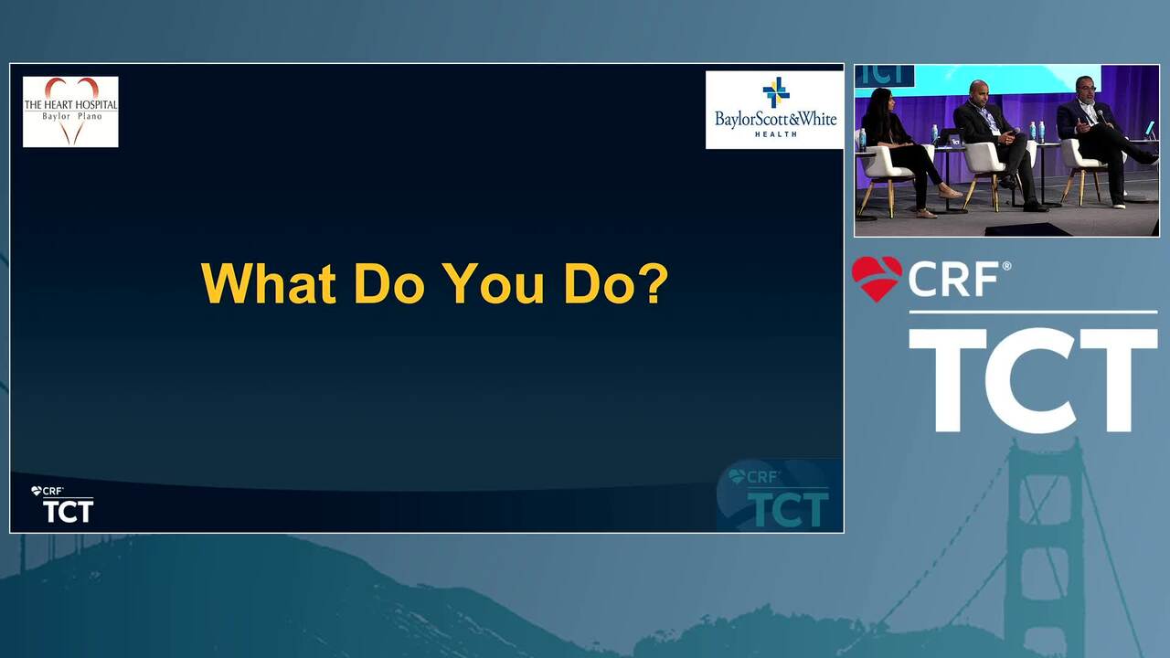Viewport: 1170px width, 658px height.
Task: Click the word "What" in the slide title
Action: (269, 283)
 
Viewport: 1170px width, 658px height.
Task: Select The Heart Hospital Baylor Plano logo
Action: (70, 111)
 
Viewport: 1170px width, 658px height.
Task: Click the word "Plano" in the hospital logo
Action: (90, 116)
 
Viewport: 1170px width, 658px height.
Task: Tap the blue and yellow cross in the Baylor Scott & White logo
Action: (776, 92)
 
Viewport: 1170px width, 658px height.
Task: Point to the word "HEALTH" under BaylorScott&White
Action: (776, 134)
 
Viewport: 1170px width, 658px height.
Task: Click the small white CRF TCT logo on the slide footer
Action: (62, 504)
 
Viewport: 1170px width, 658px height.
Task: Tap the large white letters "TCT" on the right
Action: (1033, 380)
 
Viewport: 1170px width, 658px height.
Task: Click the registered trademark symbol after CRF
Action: (1006, 266)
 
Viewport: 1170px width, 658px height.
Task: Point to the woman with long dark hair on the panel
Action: (904, 152)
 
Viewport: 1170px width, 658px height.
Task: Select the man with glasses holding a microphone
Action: (1097, 137)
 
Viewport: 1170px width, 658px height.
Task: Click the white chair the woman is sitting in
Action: (888, 173)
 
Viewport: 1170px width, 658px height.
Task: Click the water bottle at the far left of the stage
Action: (862, 140)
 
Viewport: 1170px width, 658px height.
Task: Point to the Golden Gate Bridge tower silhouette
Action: (1044, 548)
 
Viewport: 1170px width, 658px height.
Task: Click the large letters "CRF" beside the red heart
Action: (954, 280)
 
